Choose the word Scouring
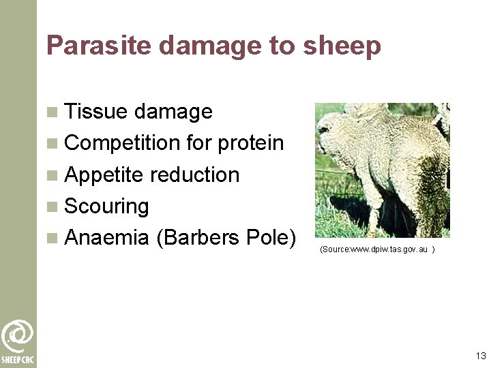click(x=106, y=206)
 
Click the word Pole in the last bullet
click(x=271, y=238)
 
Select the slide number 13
click(x=481, y=356)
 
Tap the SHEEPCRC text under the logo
click(x=18, y=360)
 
